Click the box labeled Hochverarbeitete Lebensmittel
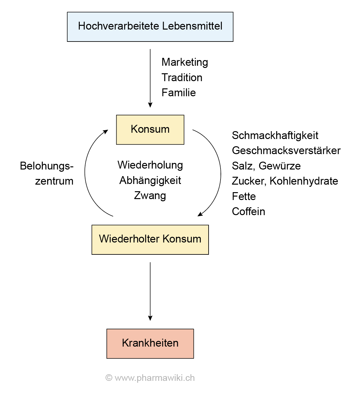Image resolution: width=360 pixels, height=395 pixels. [x=150, y=27]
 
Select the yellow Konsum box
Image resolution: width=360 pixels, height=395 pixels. [x=150, y=130]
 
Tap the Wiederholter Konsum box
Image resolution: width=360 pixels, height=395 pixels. [x=150, y=239]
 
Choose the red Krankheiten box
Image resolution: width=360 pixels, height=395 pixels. [x=150, y=343]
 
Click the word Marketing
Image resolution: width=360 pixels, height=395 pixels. [x=185, y=62]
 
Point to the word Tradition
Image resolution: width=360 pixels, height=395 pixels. [x=182, y=77]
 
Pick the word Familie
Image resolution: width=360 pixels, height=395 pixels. [x=178, y=93]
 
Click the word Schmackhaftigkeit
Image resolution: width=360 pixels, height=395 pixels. [x=275, y=136]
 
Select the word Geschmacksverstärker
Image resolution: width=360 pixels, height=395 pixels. [x=286, y=151]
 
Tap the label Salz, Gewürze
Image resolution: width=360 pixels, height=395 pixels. [x=266, y=166]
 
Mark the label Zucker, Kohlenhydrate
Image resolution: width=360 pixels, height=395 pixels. [x=285, y=181]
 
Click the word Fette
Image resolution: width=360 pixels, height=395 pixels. [x=244, y=196]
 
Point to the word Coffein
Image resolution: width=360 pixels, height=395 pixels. [x=248, y=211]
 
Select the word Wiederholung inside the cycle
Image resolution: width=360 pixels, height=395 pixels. [x=150, y=165]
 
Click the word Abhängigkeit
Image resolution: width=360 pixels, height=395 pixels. [x=150, y=181]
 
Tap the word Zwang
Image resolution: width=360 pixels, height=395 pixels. [x=150, y=196]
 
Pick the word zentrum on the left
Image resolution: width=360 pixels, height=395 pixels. [x=54, y=181]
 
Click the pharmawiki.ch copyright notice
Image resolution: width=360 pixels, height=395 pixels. [x=150, y=378]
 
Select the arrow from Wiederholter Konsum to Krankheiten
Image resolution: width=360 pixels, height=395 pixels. [x=150, y=291]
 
